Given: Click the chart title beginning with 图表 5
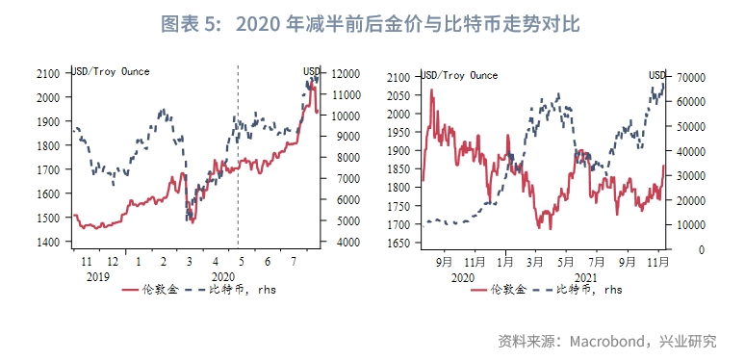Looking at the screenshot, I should tap(372, 20).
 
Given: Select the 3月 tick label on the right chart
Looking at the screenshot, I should tap(535, 262).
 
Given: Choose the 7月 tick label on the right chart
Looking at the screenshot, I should tap(597, 262).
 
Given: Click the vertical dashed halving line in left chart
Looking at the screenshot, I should tap(238, 154).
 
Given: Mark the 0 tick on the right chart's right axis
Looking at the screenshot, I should tap(678, 249).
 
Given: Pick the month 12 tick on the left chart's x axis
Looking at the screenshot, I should tap(113, 262).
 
